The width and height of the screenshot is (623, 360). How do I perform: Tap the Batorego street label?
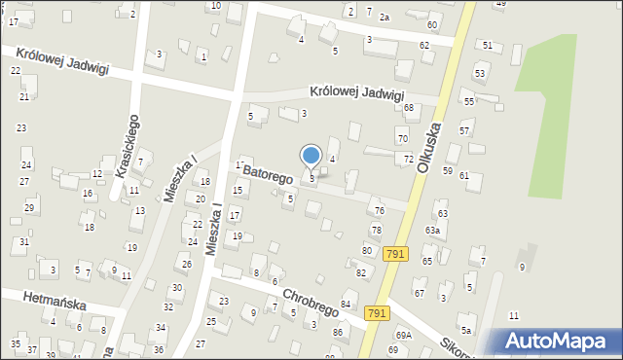[x=268, y=174]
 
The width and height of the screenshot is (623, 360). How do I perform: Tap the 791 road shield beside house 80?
[x=394, y=254]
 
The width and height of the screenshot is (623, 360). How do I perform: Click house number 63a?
[x=432, y=230]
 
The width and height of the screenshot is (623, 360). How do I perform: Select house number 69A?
[x=403, y=336]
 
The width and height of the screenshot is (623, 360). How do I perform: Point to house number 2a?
[x=385, y=18]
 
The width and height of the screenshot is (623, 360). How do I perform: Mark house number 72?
[x=409, y=159]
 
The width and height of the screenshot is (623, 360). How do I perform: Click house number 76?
[x=379, y=211]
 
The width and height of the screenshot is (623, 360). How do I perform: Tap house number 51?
[x=487, y=46]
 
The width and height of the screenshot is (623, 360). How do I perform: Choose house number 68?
[x=409, y=107]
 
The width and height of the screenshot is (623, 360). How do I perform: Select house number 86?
[x=338, y=333]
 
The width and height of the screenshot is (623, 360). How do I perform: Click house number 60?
[x=431, y=23]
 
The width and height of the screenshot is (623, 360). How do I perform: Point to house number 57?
[x=464, y=130]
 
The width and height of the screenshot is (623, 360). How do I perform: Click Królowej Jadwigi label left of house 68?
[x=356, y=93]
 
